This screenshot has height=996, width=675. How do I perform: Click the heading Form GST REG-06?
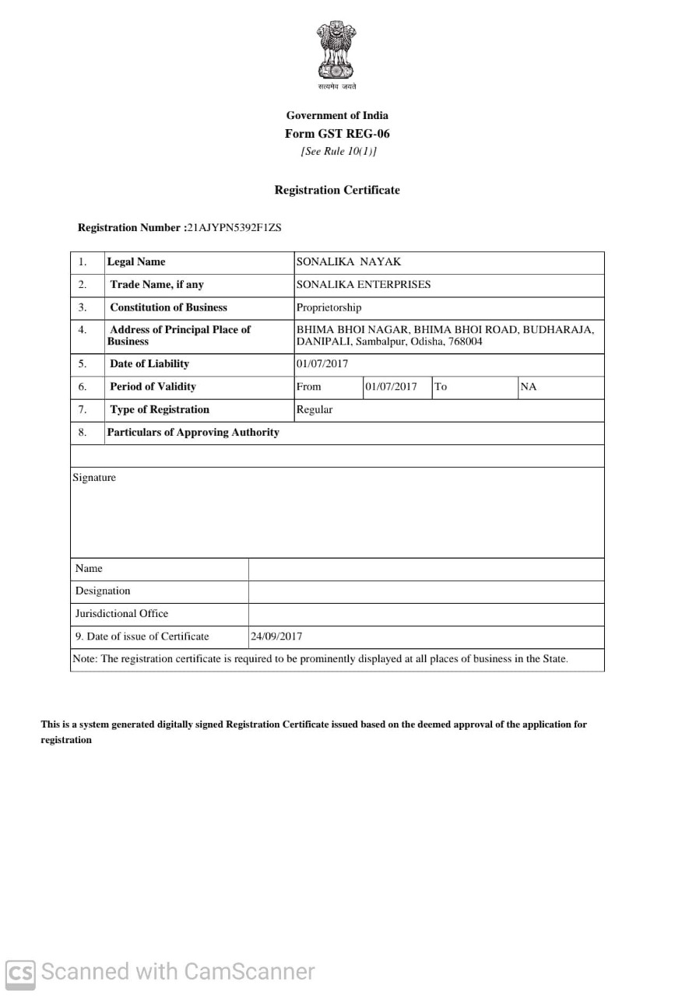[337, 134]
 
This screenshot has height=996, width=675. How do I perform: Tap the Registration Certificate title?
[337, 190]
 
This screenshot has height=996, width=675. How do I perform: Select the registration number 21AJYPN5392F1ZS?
[234, 228]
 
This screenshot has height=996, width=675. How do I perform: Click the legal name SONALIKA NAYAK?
[348, 262]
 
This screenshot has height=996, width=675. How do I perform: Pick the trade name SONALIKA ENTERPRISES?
[363, 285]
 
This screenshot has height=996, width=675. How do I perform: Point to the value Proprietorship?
[329, 307]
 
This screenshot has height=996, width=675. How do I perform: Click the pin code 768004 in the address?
[466, 342]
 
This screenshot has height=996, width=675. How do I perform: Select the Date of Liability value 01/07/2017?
[322, 364]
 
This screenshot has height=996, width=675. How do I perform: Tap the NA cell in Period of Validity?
[529, 387]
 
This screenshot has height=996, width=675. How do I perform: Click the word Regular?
[314, 409]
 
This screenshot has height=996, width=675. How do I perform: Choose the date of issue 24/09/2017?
[276, 637]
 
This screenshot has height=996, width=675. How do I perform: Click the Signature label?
[94, 478]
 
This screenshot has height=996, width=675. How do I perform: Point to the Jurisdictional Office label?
[121, 613]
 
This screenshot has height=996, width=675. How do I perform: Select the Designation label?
[103, 591]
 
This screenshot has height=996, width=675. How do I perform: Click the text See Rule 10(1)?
[338, 152]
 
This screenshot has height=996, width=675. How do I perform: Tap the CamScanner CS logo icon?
[20, 973]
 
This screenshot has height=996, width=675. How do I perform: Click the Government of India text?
[337, 116]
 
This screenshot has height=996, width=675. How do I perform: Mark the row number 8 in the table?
[83, 433]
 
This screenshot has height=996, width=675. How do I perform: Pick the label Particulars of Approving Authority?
[193, 433]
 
